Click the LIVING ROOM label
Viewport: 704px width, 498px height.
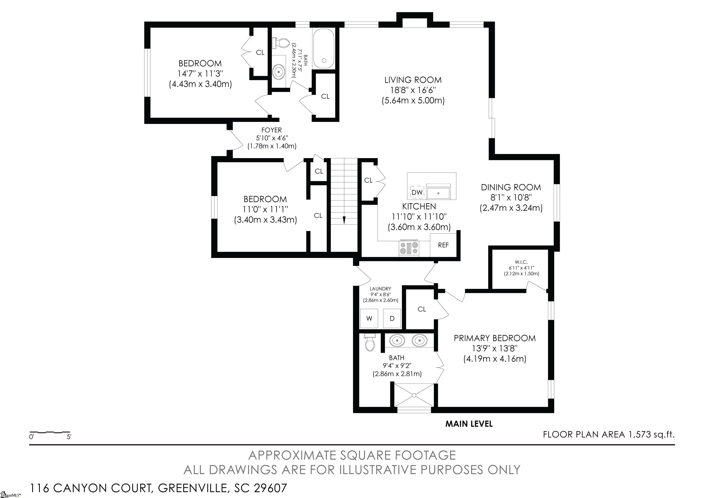click(413, 80)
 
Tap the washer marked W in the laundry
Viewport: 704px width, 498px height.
click(369, 318)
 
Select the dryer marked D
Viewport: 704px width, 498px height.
click(392, 318)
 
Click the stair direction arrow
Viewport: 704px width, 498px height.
click(344, 220)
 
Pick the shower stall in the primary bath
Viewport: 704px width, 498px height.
click(414, 395)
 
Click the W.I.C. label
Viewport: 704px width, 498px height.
click(521, 262)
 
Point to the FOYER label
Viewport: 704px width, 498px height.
click(272, 130)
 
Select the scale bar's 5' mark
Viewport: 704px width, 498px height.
click(69, 437)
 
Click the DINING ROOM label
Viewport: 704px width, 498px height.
click(511, 187)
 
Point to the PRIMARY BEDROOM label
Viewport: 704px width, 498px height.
click(495, 338)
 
